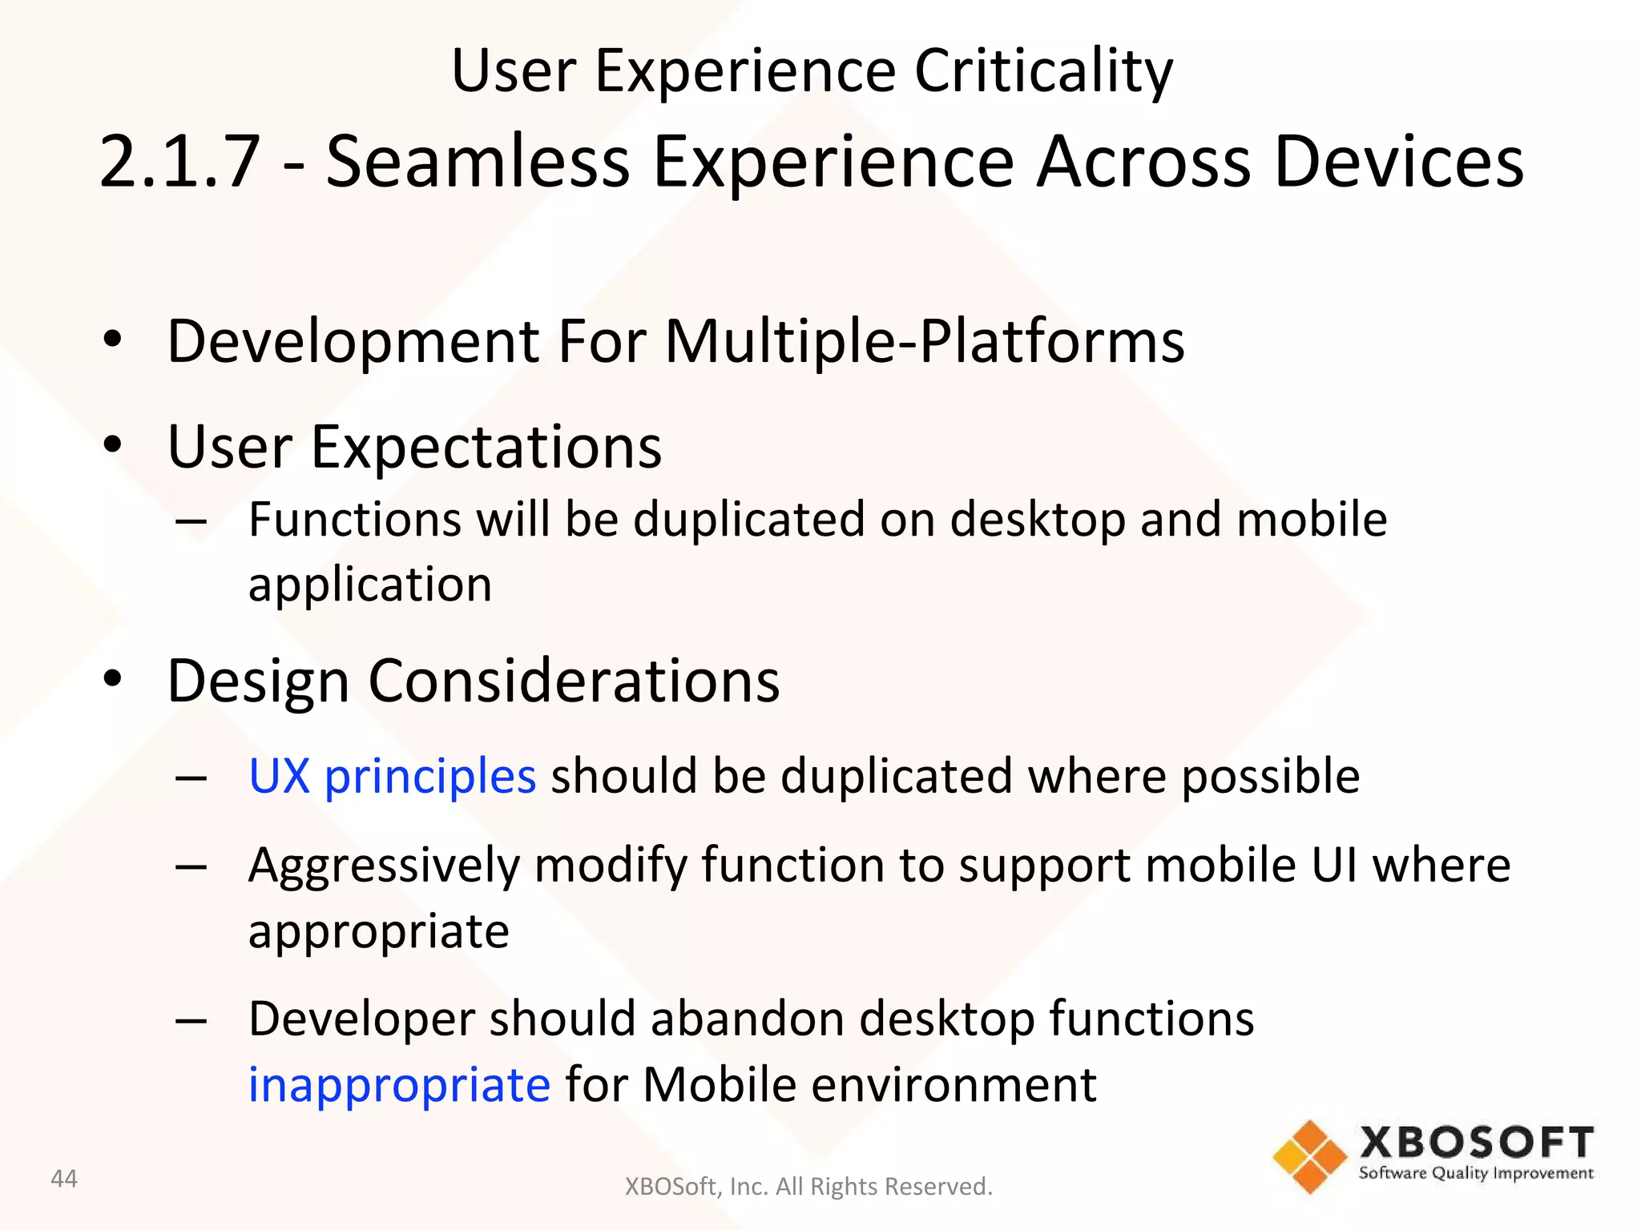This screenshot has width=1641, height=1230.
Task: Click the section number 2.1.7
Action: (x=180, y=163)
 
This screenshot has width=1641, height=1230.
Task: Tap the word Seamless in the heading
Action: (x=478, y=163)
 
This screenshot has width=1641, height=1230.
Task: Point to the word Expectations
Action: (x=486, y=447)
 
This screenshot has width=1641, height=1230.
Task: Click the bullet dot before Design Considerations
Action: (x=113, y=678)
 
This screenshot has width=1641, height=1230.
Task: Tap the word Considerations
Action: (x=573, y=681)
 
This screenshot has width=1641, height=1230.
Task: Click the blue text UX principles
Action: (x=392, y=776)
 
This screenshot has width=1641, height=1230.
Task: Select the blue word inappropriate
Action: (x=399, y=1085)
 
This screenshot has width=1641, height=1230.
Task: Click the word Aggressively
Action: (x=384, y=867)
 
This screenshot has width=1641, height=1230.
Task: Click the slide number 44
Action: (x=64, y=1179)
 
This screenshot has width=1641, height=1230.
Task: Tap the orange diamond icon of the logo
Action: (x=1309, y=1156)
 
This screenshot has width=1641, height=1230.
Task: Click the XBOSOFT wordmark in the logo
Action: (x=1476, y=1143)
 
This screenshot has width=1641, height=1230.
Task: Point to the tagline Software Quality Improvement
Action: (x=1476, y=1174)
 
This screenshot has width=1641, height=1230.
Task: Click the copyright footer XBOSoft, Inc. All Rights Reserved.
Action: (x=808, y=1187)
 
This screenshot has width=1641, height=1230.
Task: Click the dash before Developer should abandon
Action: (x=192, y=1021)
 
